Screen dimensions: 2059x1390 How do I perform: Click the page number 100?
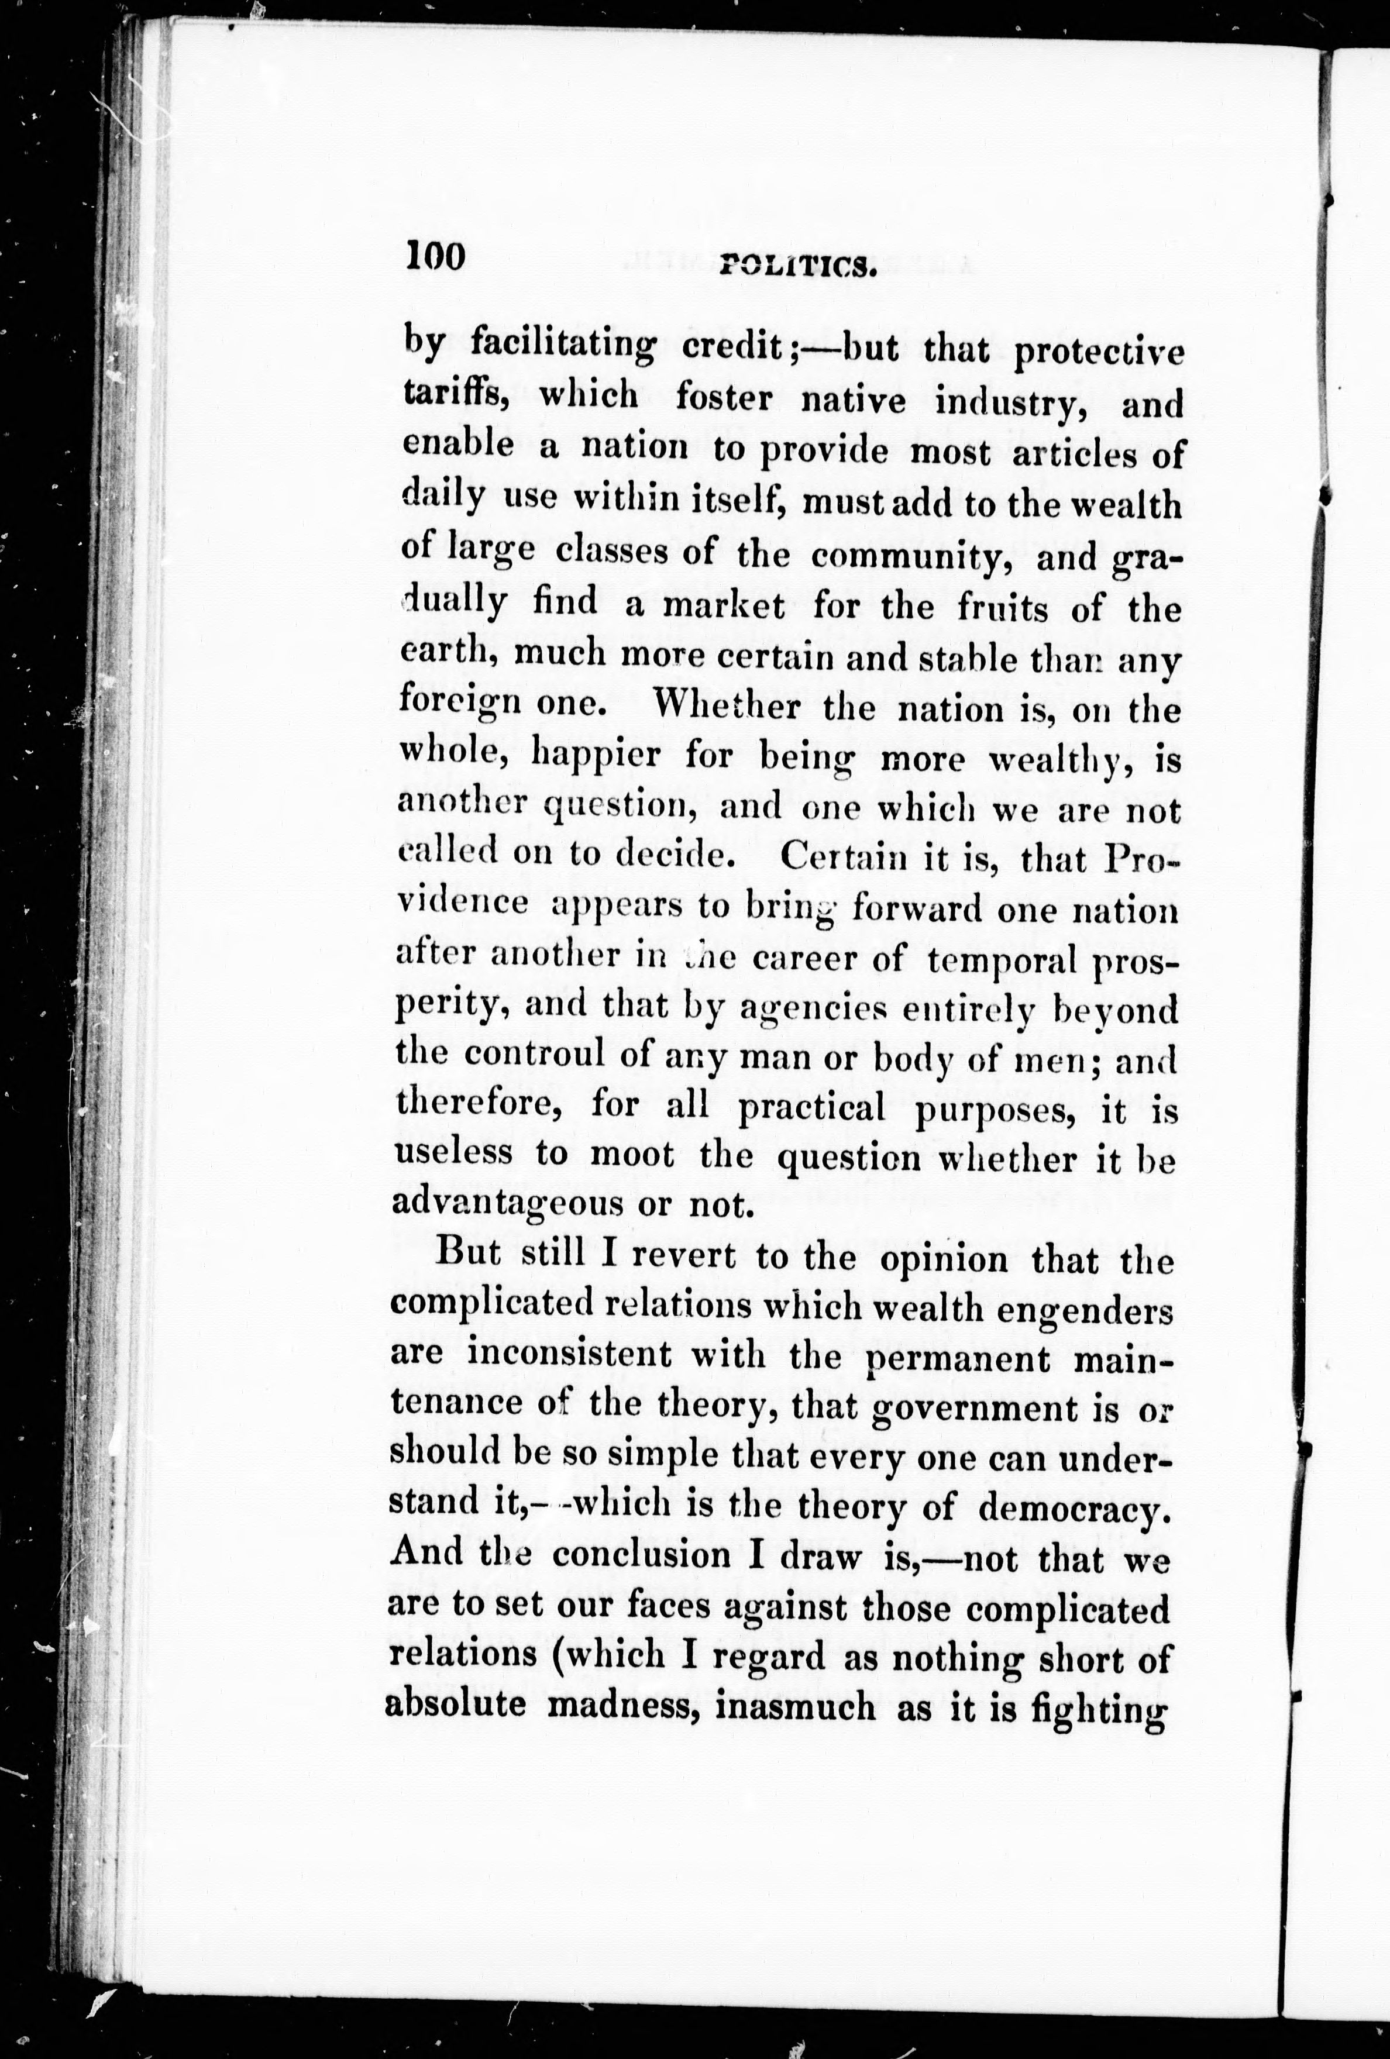(x=435, y=257)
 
